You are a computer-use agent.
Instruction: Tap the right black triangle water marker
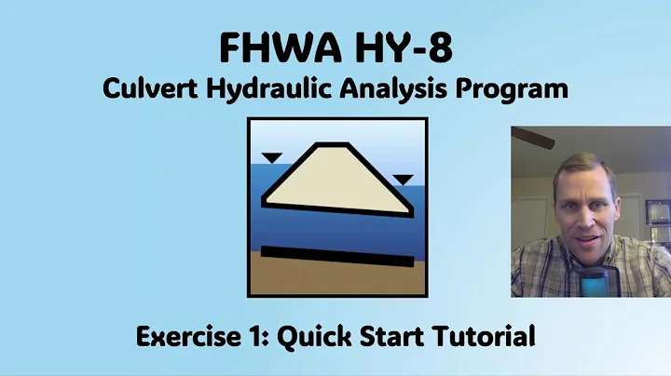click(403, 179)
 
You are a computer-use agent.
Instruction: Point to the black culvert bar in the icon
click(336, 256)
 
